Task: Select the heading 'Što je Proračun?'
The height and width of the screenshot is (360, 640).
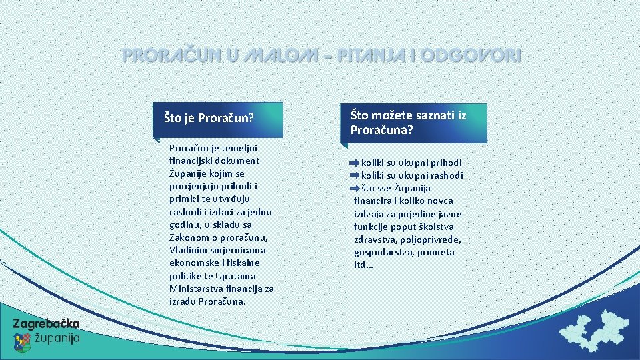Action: pyautogui.click(x=209, y=119)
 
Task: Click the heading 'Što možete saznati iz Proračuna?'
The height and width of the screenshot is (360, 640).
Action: pyautogui.click(x=408, y=122)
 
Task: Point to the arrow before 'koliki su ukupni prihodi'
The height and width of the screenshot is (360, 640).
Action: pyautogui.click(x=353, y=163)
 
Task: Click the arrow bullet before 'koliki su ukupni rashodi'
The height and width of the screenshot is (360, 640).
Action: pyautogui.click(x=353, y=175)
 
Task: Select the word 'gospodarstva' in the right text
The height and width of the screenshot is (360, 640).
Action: pyautogui.click(x=382, y=253)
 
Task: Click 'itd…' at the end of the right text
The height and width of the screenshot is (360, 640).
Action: pyautogui.click(x=363, y=265)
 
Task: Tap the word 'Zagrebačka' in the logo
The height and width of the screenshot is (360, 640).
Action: pyautogui.click(x=46, y=323)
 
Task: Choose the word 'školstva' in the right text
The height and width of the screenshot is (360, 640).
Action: pyautogui.click(x=443, y=227)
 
